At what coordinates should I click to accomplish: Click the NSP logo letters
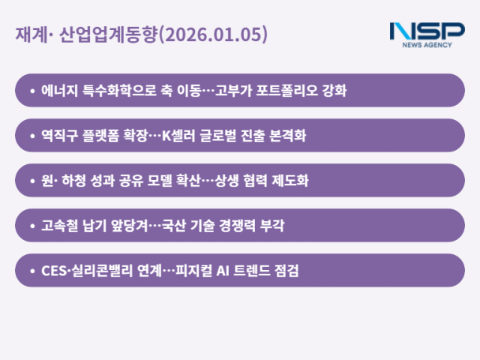427,31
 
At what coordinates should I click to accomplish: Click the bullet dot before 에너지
32,91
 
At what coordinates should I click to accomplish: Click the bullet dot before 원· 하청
32,181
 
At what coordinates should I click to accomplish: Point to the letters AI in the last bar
222,271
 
